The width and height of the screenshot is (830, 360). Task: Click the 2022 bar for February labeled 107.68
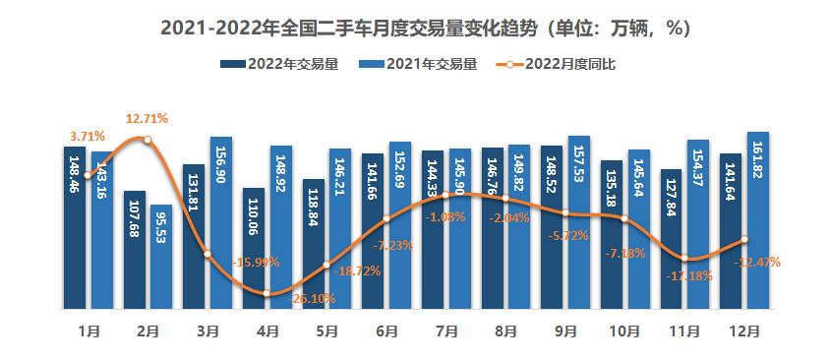click(x=135, y=250)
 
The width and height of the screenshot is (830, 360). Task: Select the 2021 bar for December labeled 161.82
click(x=757, y=220)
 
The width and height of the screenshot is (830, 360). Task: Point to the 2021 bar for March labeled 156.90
click(x=221, y=223)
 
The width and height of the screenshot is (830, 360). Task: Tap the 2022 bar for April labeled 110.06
click(x=254, y=248)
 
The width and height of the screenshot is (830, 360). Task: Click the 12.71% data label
click(x=147, y=119)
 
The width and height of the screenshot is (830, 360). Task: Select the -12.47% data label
click(x=759, y=262)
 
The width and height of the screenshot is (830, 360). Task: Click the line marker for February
click(x=148, y=140)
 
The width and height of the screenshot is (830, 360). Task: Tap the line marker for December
click(x=744, y=239)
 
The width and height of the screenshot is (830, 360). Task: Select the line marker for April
click(x=267, y=292)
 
